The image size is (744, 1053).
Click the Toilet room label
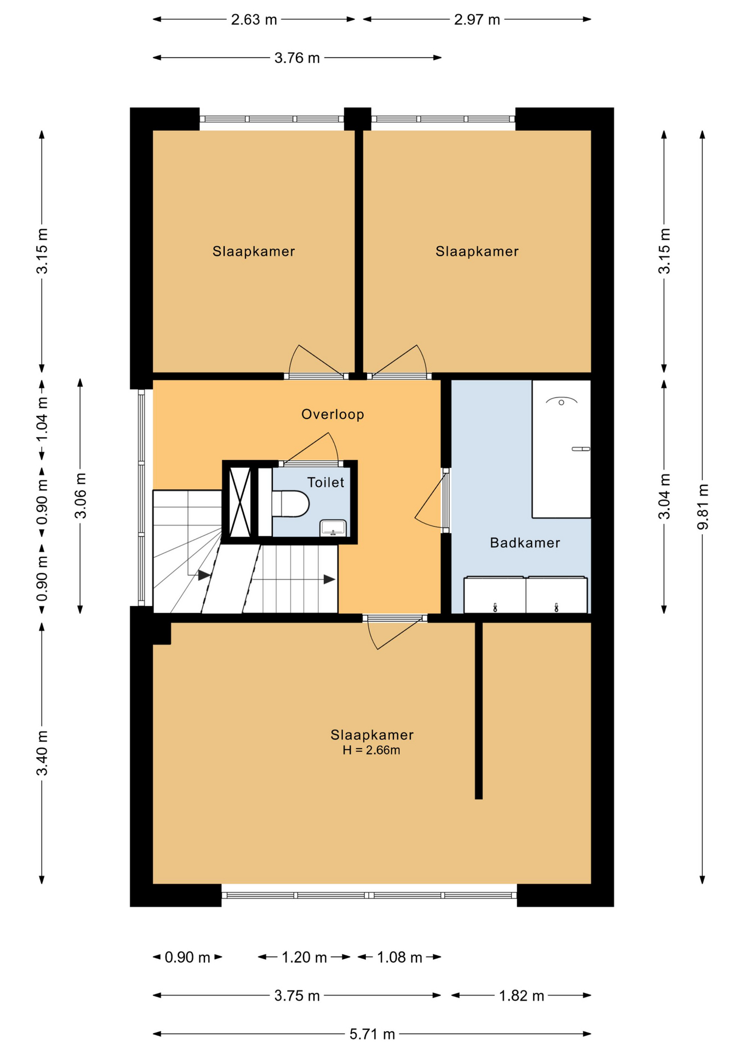(x=325, y=483)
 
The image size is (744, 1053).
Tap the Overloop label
(x=333, y=414)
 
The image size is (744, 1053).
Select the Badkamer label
(x=525, y=543)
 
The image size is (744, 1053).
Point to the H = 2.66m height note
(x=371, y=750)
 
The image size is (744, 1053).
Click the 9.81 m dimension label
(x=702, y=507)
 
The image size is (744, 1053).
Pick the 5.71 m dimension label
(x=373, y=1034)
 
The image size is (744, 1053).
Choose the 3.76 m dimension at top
(x=297, y=58)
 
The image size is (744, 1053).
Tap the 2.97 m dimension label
(x=477, y=20)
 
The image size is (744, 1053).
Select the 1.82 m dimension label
(x=522, y=996)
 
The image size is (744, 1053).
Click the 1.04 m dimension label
(x=42, y=419)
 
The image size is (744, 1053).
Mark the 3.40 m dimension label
(x=42, y=753)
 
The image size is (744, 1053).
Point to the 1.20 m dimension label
(x=304, y=958)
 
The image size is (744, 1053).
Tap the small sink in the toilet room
(x=333, y=528)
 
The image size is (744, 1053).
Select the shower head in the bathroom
(x=562, y=400)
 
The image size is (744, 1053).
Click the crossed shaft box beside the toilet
(x=240, y=502)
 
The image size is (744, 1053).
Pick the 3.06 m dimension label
(x=81, y=496)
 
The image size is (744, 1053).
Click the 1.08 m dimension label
(x=399, y=958)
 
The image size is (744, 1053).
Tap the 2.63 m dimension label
(x=254, y=20)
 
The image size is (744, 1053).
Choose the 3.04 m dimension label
(x=665, y=496)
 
